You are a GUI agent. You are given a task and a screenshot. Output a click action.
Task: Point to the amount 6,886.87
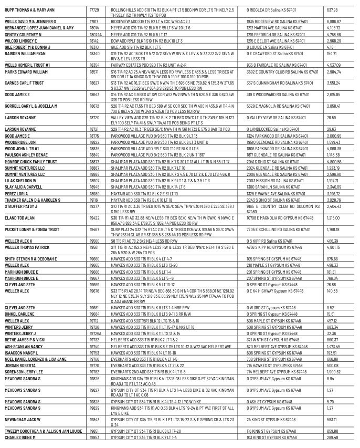(334, 19)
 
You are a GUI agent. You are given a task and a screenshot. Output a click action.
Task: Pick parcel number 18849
(94, 154)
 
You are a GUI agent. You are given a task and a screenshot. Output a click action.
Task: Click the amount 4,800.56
(334, 161)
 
